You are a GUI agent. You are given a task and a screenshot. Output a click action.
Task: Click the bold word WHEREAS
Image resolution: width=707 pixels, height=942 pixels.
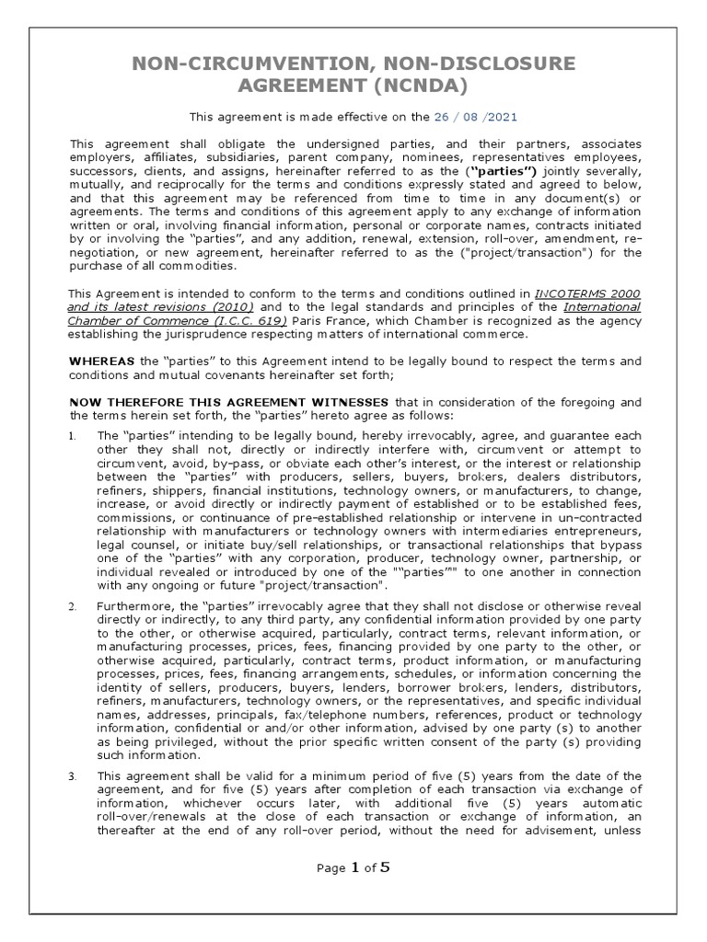click(102, 361)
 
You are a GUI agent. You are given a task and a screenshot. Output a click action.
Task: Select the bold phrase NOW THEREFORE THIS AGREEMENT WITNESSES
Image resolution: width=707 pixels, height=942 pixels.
click(230, 401)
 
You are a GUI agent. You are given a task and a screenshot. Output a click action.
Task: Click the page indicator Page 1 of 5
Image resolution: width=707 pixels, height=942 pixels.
click(353, 867)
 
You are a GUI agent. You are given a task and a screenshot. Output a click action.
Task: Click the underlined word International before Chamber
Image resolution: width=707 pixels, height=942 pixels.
click(602, 306)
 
